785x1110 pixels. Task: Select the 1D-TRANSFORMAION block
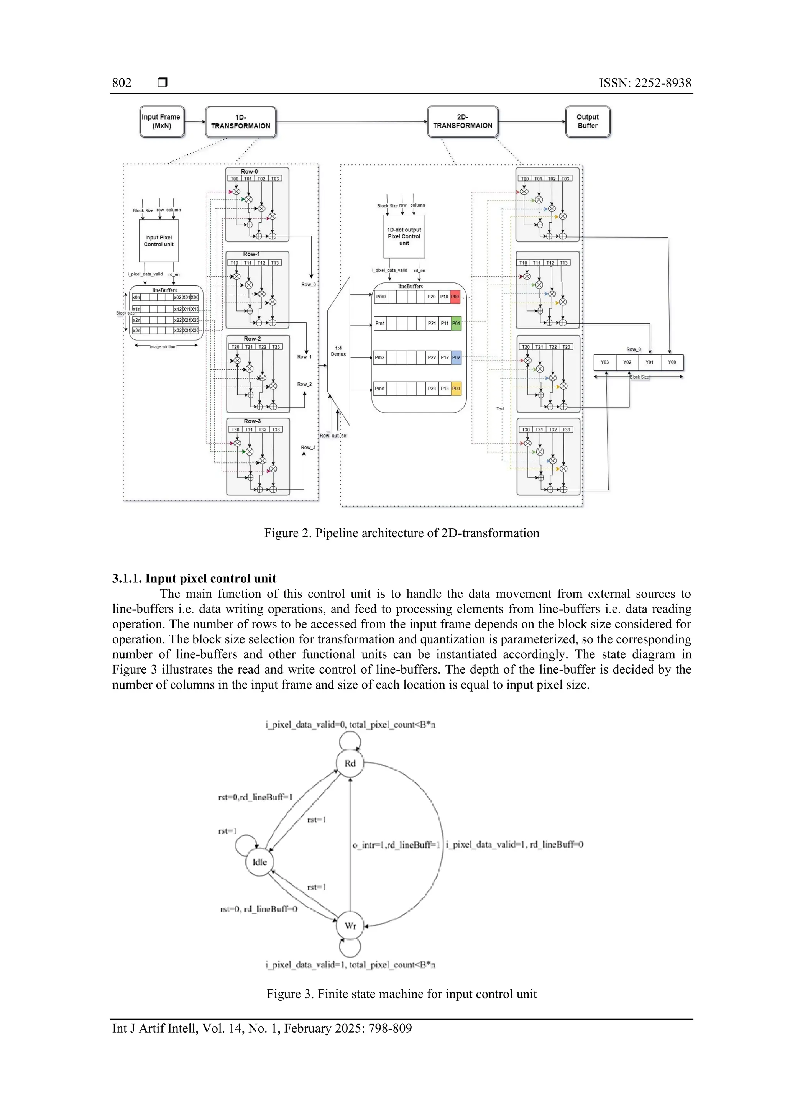[x=240, y=122]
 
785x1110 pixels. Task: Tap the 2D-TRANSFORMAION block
[x=462, y=122]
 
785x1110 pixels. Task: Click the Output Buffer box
[x=587, y=122]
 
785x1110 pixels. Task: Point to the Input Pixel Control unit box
[x=159, y=241]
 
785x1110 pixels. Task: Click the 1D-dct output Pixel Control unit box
[x=404, y=236]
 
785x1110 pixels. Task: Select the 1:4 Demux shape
[x=338, y=351]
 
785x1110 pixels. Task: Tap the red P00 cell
[x=455, y=297]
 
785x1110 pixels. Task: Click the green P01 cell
[x=456, y=323]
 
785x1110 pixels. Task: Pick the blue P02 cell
[x=456, y=358]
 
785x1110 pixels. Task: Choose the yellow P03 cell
[x=456, y=388]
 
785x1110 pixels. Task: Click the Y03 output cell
[x=604, y=362]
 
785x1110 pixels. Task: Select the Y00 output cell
[x=672, y=362]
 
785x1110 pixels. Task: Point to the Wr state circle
[x=350, y=926]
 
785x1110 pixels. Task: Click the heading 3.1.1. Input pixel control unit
[x=194, y=579]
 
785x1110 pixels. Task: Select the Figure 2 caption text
[x=401, y=533]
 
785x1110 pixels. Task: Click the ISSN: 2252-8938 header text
[x=645, y=83]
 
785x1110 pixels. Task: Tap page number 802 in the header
[x=122, y=83]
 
